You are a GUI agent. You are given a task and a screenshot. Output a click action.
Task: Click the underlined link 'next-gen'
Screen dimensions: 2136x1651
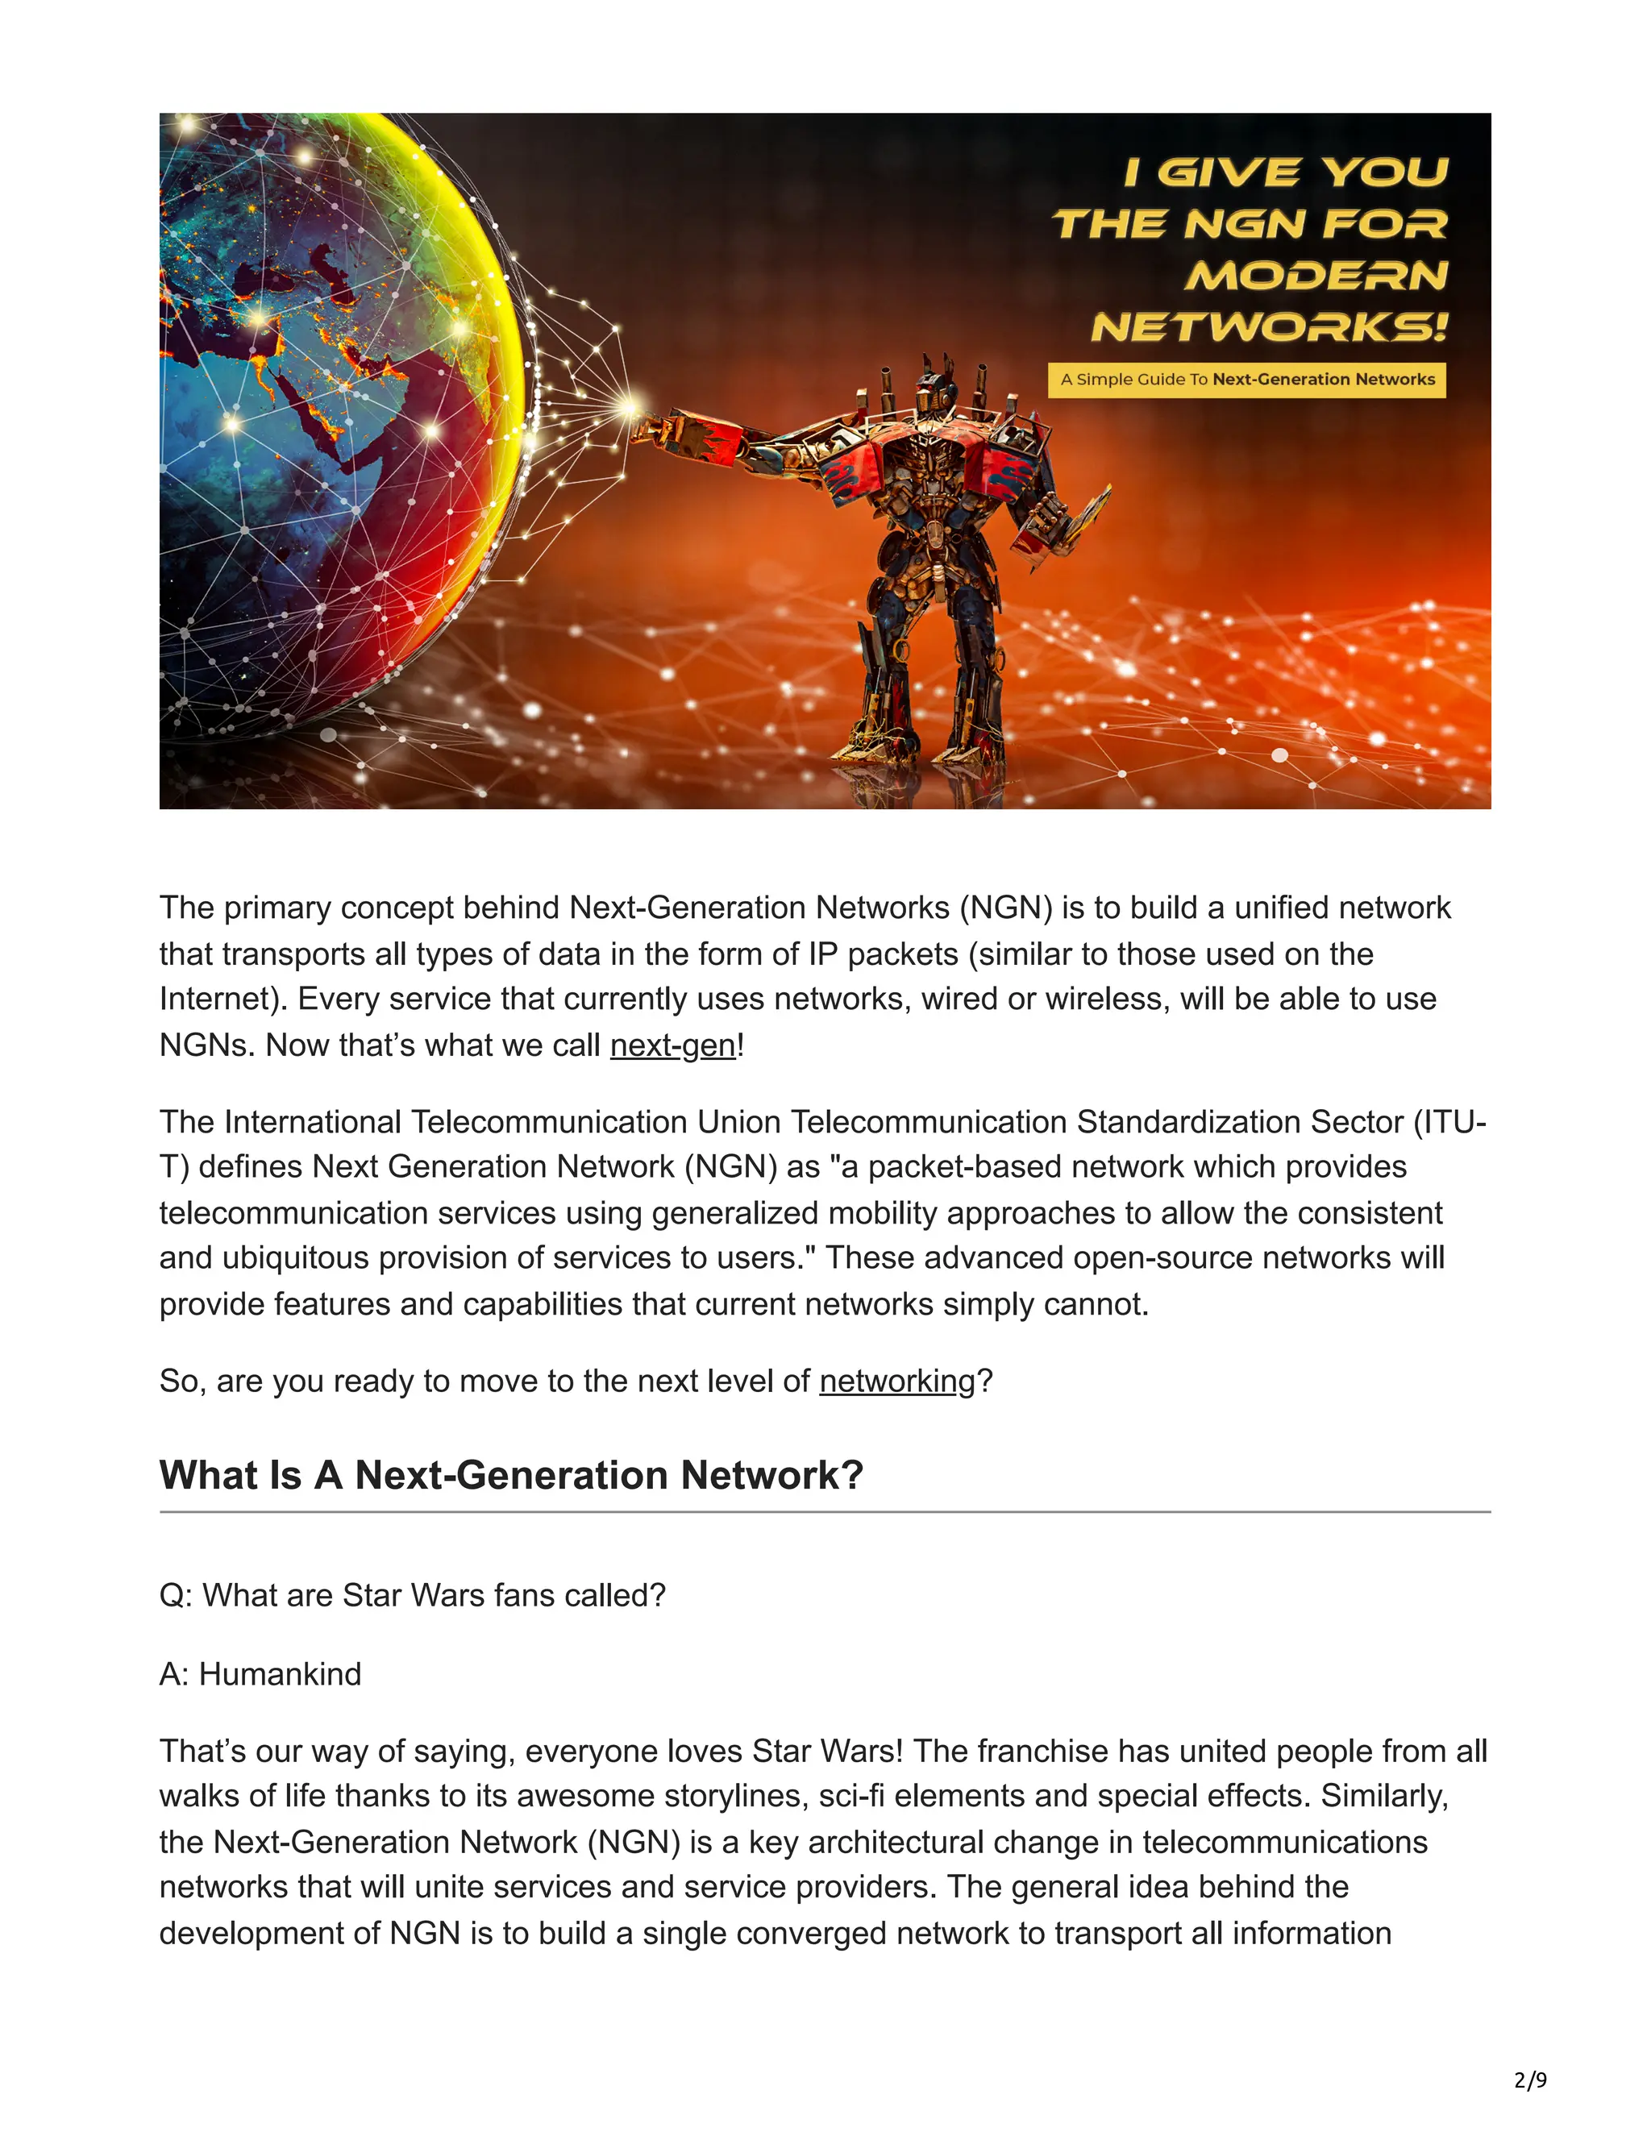click(673, 1045)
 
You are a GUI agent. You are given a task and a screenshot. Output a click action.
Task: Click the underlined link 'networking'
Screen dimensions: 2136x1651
click(897, 1381)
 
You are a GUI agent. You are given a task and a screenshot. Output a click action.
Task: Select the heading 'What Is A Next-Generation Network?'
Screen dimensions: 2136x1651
click(510, 1475)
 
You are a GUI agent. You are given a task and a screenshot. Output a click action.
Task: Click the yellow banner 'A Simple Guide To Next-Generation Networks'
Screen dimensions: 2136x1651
click(1247, 380)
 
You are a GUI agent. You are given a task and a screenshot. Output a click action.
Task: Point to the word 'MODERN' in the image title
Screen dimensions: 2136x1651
click(1316, 276)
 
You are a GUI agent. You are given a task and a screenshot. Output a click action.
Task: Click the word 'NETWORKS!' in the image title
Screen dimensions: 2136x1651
click(1269, 326)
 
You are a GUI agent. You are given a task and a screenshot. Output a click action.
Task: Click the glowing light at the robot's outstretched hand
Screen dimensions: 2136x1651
click(629, 404)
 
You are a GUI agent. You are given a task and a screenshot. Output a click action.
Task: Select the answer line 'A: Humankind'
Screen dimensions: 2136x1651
click(260, 1674)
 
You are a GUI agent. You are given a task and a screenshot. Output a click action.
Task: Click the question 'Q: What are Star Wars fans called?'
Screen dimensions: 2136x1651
click(412, 1595)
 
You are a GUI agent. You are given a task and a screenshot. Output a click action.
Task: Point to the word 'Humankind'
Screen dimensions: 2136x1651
click(280, 1674)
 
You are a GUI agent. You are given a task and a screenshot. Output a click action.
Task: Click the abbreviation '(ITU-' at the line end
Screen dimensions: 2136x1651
click(1449, 1121)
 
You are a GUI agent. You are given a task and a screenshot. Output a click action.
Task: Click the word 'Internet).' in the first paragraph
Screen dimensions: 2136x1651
click(223, 999)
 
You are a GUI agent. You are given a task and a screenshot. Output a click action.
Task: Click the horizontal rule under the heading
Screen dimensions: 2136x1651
click(825, 1512)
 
